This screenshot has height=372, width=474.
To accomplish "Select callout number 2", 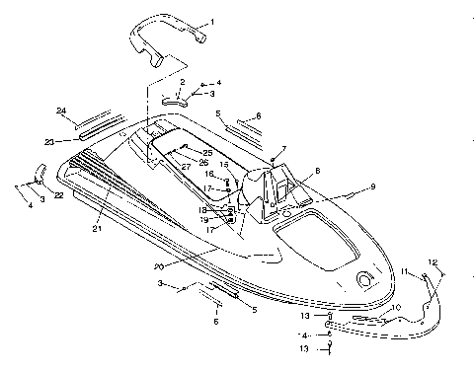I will (x=182, y=81).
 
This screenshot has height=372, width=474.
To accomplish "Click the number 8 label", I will (x=316, y=170).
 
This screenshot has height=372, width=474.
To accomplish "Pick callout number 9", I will (x=373, y=186).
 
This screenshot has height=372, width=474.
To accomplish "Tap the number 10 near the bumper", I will (x=397, y=308).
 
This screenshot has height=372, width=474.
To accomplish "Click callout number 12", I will (x=431, y=261).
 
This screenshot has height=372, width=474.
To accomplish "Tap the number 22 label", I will (x=58, y=196).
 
